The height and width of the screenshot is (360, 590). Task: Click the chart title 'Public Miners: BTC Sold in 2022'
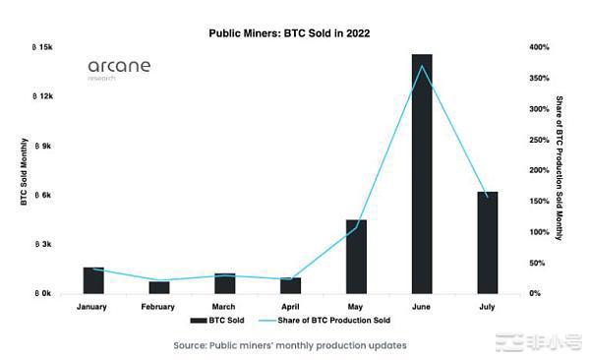[289, 32]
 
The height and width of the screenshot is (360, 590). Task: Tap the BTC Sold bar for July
[487, 242]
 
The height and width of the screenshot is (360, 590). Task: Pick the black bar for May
[356, 257]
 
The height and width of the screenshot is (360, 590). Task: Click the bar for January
[93, 280]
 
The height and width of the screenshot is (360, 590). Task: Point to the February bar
[159, 287]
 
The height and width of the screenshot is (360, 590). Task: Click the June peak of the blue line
[422, 66]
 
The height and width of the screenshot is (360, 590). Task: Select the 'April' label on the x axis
[290, 306]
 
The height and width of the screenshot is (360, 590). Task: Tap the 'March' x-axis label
[224, 306]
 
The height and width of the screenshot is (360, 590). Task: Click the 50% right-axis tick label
[535, 263]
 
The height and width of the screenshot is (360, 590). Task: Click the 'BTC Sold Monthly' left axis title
[23, 171]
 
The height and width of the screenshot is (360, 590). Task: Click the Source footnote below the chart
[289, 345]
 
